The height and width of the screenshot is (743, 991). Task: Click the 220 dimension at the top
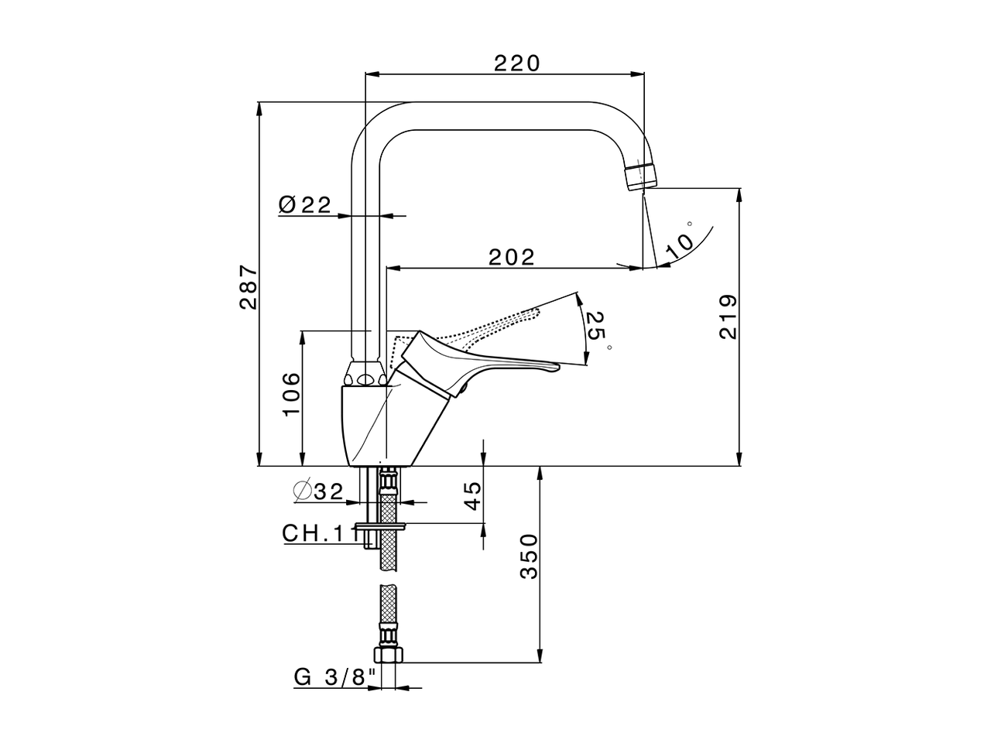(516, 63)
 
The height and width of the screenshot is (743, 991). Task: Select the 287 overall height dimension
(248, 287)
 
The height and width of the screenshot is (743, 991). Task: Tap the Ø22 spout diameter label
(304, 204)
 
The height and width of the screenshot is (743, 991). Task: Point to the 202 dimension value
(512, 257)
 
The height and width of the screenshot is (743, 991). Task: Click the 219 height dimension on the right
(729, 317)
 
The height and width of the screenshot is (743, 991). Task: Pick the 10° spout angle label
(680, 239)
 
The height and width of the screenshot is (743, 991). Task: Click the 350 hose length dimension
(528, 556)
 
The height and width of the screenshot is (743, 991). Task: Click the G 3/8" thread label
(334, 677)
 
